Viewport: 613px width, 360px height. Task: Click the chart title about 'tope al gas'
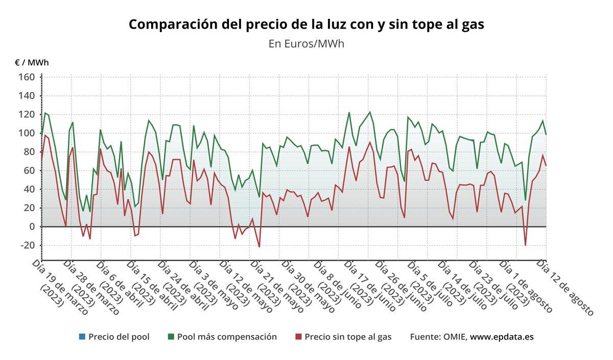coord(306,25)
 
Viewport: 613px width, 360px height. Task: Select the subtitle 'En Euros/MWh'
coord(306,43)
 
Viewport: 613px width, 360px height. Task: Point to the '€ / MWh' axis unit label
coord(32,63)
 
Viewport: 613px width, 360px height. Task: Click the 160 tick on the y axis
coord(27,77)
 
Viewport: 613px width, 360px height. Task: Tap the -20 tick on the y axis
coord(26,245)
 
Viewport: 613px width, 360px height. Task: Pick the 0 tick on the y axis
coord(31,227)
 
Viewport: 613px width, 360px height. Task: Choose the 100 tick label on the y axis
coord(27,133)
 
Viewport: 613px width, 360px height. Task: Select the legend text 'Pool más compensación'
coord(227,337)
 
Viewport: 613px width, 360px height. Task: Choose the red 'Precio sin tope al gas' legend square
coord(298,337)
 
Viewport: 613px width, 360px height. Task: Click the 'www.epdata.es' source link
coord(502,337)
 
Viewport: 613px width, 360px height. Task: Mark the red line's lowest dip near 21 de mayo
coord(259,247)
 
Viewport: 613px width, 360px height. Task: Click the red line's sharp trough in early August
coord(525,246)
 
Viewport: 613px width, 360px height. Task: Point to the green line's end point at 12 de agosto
coord(546,134)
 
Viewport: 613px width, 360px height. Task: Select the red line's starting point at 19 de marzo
coord(42,159)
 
